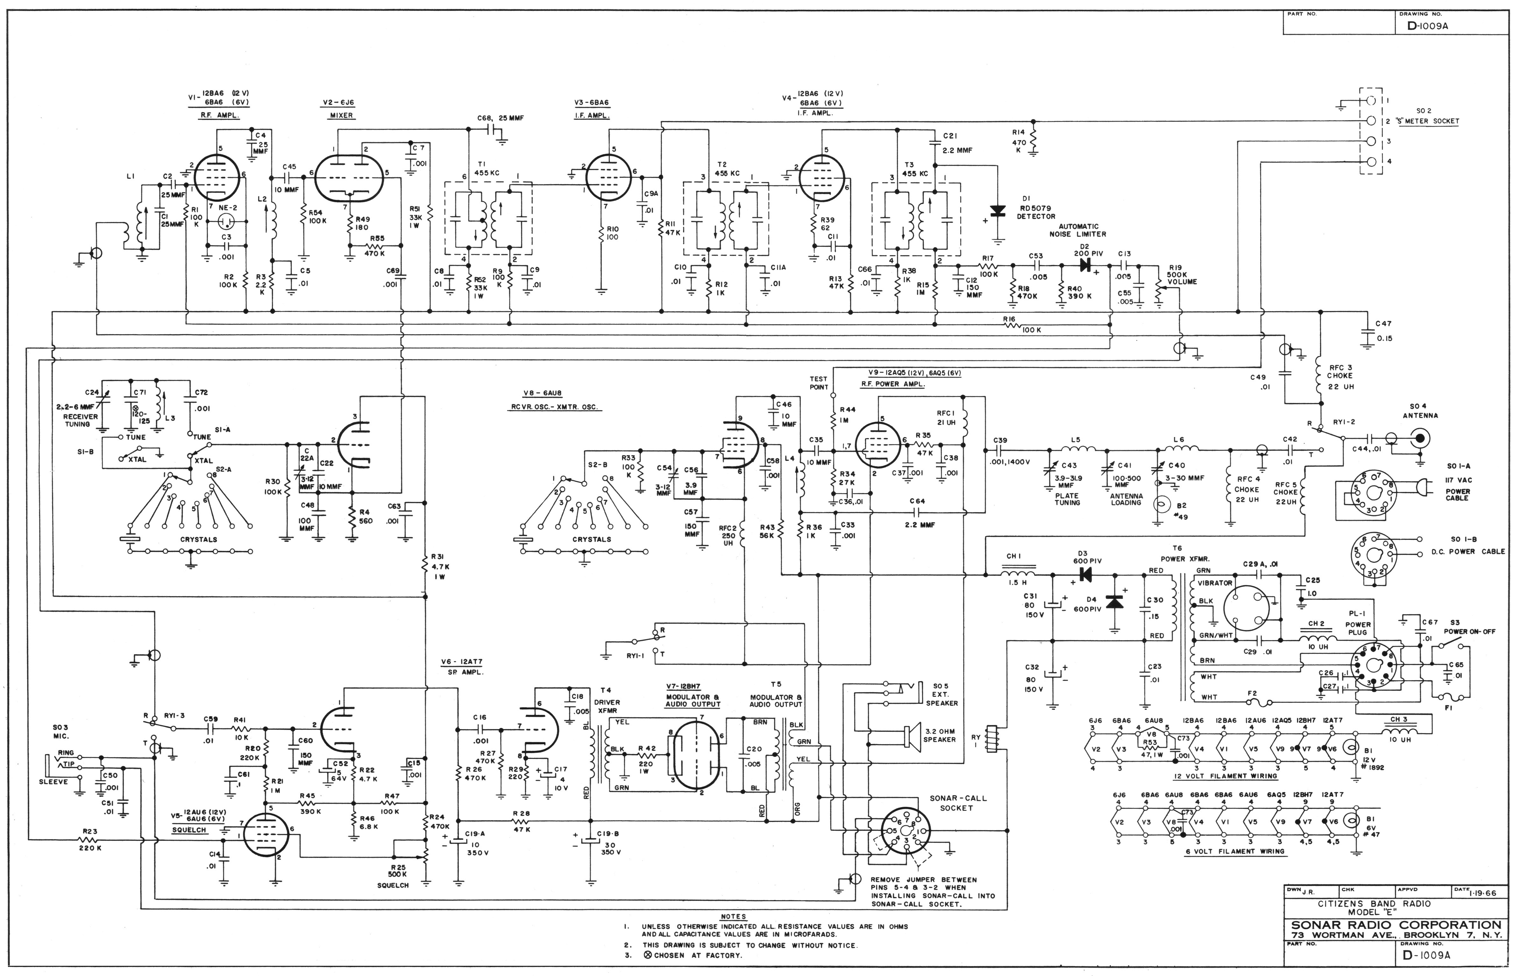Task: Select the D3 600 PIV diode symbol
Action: [1085, 575]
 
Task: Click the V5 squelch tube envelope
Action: [265, 835]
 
